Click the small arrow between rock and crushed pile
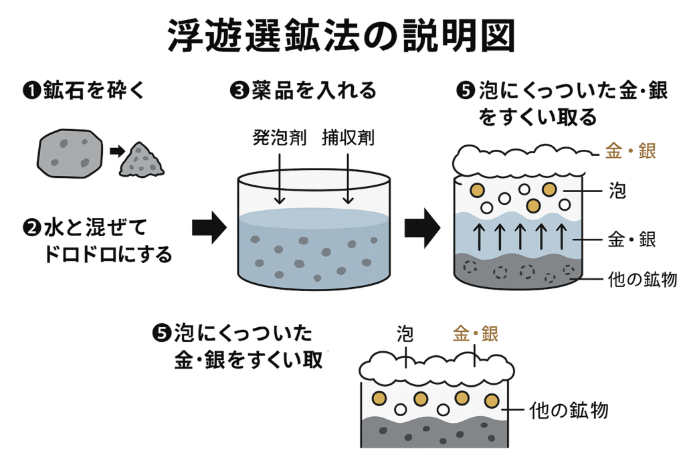(x=116, y=151)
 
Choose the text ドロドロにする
(x=106, y=254)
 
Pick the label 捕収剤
(x=348, y=139)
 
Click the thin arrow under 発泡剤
(x=280, y=177)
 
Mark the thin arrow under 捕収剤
(x=348, y=177)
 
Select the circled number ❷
(x=31, y=229)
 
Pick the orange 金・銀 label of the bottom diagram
(x=475, y=334)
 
